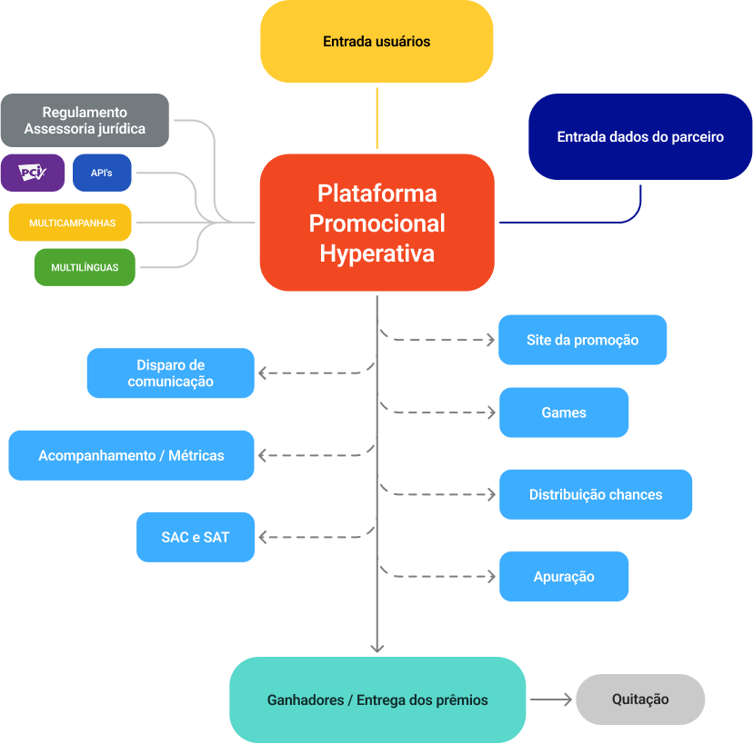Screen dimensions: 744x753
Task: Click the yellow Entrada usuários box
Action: click(376, 42)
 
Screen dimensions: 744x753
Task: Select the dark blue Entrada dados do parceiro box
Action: click(640, 137)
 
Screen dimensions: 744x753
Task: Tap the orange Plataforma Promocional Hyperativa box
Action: click(376, 223)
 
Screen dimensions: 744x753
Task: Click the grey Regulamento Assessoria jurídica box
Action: click(85, 120)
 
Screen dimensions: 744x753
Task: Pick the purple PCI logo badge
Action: click(33, 173)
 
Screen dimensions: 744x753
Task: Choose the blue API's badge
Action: click(102, 173)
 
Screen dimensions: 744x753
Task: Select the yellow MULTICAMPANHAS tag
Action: click(72, 223)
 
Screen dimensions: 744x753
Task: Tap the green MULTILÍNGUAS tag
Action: click(85, 267)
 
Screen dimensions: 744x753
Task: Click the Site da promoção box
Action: click(582, 340)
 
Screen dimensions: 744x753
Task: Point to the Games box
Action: click(564, 412)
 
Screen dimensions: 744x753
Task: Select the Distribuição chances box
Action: click(596, 495)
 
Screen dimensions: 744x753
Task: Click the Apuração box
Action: click(564, 577)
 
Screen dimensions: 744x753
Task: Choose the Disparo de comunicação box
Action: click(170, 373)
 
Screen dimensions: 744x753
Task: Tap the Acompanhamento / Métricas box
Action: click(131, 455)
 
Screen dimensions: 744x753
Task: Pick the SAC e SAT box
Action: click(196, 537)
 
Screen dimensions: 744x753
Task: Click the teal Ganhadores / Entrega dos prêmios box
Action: click(377, 700)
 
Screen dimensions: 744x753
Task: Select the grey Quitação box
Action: click(640, 699)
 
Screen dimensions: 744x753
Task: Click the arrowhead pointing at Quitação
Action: click(567, 699)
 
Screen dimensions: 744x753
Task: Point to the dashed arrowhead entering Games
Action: click(491, 412)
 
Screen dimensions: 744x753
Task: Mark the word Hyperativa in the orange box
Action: click(376, 253)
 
